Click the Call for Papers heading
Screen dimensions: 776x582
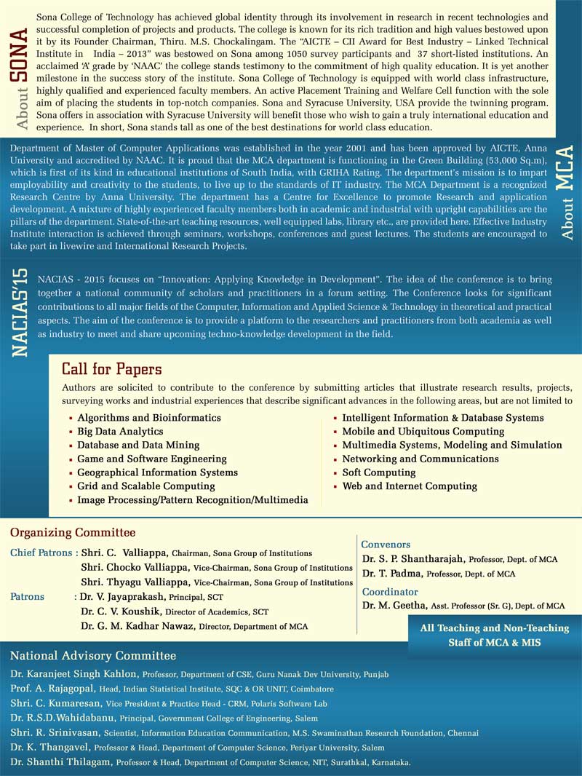tap(111, 370)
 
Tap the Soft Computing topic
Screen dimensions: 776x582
tap(379, 472)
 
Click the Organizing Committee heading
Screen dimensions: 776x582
tap(73, 533)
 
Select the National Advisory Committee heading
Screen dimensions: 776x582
tap(93, 656)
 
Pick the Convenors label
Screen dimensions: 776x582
tap(386, 545)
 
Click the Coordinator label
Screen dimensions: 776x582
tap(390, 592)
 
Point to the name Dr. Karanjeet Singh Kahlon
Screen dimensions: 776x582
tap(74, 675)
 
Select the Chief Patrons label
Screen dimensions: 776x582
tap(41, 553)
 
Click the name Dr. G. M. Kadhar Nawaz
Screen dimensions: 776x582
tap(133, 626)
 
